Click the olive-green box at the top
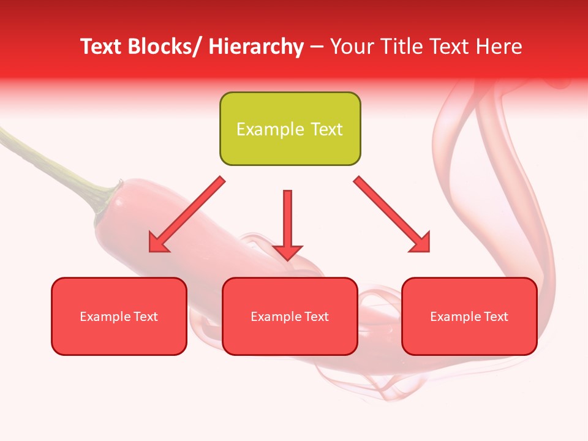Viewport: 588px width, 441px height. coord(290,129)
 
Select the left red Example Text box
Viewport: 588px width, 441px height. coord(119,316)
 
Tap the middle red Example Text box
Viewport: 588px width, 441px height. coord(290,316)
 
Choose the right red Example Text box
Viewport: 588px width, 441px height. coord(469,316)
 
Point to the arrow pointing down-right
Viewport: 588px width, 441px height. coord(392,214)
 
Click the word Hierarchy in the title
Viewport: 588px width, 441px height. coord(256,47)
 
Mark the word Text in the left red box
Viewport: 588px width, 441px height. coord(145,317)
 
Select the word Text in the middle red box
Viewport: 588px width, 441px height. coord(315,317)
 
